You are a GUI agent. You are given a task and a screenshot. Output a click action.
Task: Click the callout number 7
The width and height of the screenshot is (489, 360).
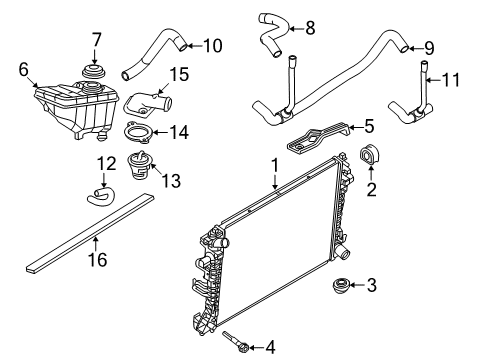[x=96, y=40]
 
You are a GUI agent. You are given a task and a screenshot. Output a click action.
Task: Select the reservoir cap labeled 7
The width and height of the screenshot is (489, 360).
[x=93, y=72]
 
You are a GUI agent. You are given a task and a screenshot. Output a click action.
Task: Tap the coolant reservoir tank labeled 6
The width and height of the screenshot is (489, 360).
[x=76, y=110]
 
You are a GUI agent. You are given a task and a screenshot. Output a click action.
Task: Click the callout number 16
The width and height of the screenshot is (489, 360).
[x=98, y=260]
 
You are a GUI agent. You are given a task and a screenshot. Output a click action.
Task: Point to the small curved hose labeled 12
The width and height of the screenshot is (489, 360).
[x=101, y=196]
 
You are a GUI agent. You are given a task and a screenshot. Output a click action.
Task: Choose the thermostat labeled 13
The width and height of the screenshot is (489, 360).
[x=139, y=165]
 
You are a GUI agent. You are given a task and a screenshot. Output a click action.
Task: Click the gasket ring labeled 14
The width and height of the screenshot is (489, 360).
[x=139, y=133]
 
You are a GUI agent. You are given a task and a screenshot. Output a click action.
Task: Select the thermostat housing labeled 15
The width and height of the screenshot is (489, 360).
[x=147, y=104]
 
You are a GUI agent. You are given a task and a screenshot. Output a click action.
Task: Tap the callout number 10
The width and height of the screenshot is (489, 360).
[x=212, y=46]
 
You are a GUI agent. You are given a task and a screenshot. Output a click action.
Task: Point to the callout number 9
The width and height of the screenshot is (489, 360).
[x=429, y=48]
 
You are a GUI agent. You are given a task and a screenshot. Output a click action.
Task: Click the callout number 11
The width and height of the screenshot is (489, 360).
[x=450, y=80]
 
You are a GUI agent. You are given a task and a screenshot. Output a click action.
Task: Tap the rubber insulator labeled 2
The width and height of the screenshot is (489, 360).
[x=371, y=154]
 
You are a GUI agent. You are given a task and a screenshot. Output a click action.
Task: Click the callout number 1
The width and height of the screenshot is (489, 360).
[x=275, y=166]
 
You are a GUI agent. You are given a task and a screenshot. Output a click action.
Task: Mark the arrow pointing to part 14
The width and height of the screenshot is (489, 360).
[x=160, y=133]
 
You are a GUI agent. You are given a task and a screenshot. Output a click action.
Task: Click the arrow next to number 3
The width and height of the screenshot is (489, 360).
[x=357, y=285]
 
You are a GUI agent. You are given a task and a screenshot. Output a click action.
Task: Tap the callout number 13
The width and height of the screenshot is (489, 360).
[x=171, y=181]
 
